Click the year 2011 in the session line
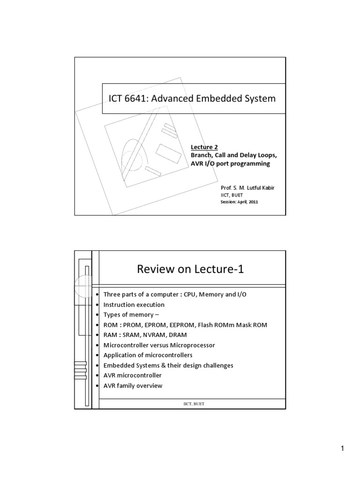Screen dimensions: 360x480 pos(253,202)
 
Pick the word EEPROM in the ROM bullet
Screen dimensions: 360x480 pos(180,325)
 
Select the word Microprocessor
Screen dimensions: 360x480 pos(193,345)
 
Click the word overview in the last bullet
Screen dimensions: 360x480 pos(150,385)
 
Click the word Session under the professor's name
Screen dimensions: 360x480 pos(229,202)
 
